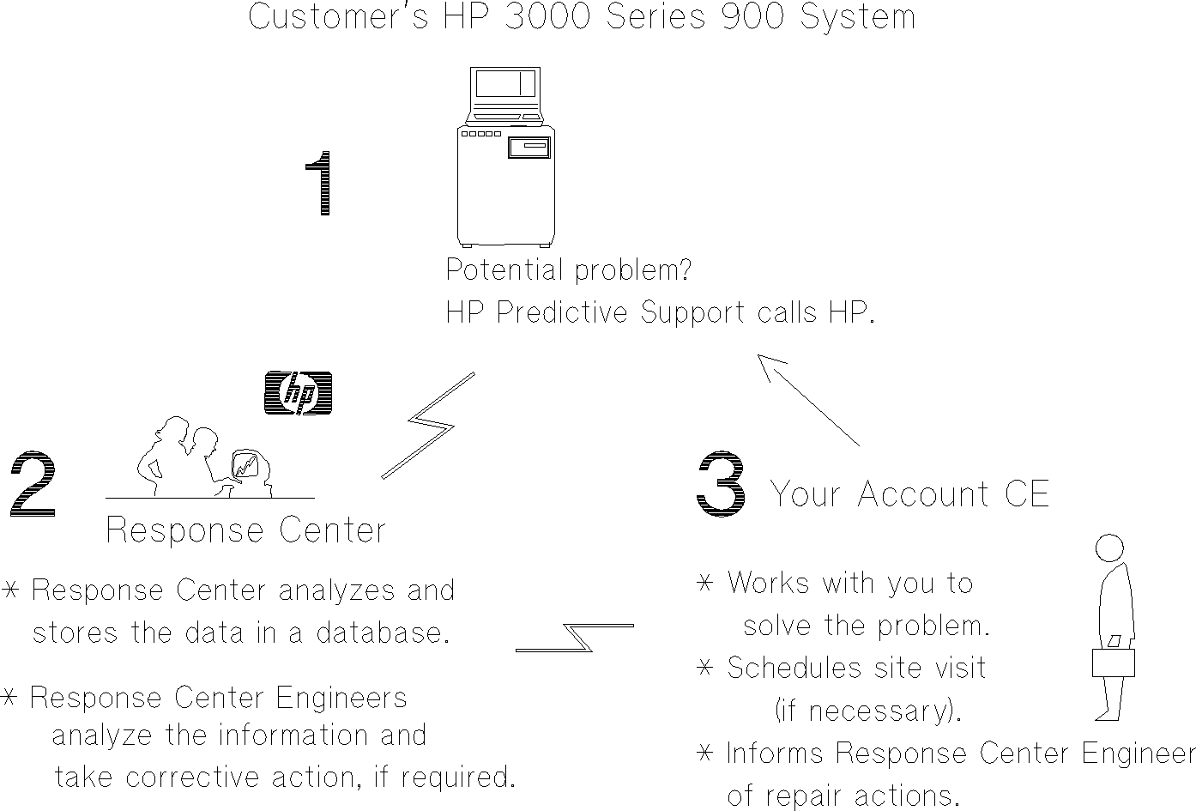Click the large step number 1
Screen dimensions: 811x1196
(320, 184)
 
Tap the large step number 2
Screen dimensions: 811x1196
(33, 485)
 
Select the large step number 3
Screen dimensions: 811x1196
(720, 485)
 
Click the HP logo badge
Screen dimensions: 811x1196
(298, 394)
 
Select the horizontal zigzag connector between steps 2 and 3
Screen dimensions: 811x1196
(575, 638)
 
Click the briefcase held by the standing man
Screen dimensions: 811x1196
(1113, 662)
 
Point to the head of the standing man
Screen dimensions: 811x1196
(1110, 548)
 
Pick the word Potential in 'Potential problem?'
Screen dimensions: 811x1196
(505, 270)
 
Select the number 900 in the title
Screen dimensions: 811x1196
(752, 17)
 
